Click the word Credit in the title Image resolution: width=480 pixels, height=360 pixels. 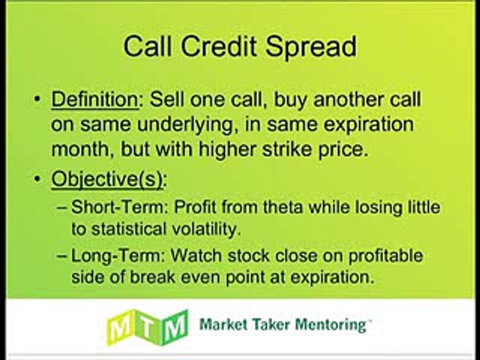click(218, 46)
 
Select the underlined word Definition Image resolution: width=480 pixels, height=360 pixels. click(95, 99)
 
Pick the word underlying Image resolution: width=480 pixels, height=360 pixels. click(185, 125)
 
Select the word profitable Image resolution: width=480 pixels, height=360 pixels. click(385, 256)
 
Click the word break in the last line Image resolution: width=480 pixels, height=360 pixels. click(152, 277)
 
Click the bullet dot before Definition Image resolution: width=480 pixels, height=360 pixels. click(37, 99)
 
